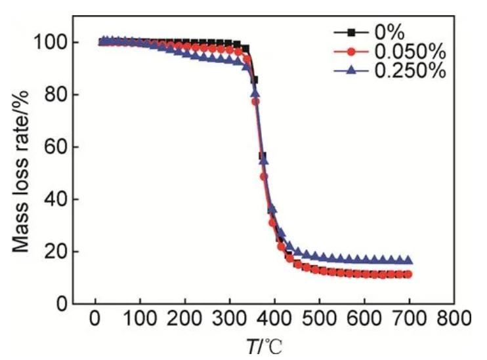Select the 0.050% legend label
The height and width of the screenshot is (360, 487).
pyautogui.click(x=412, y=50)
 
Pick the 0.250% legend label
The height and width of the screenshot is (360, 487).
pyautogui.click(x=412, y=70)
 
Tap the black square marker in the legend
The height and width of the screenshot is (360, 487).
pyautogui.click(x=351, y=31)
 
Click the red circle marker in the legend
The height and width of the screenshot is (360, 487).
pyautogui.click(x=351, y=50)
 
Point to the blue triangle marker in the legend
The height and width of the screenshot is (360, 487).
pyautogui.click(x=351, y=70)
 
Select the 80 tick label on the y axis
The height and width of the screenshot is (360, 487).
pyautogui.click(x=56, y=95)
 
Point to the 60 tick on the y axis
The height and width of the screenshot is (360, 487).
pyautogui.click(x=56, y=147)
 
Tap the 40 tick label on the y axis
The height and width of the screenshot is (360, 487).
pyautogui.click(x=56, y=199)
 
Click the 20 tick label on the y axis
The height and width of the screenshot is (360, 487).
pyautogui.click(x=56, y=251)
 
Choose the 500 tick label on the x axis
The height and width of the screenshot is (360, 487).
pyautogui.click(x=319, y=321)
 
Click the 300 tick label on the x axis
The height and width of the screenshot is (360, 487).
pyautogui.click(x=230, y=321)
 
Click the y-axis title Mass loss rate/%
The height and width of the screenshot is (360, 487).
pyautogui.click(x=22, y=173)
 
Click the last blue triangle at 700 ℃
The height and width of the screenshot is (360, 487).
pyautogui.click(x=408, y=260)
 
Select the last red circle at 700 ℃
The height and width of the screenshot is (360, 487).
pyautogui.click(x=408, y=274)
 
